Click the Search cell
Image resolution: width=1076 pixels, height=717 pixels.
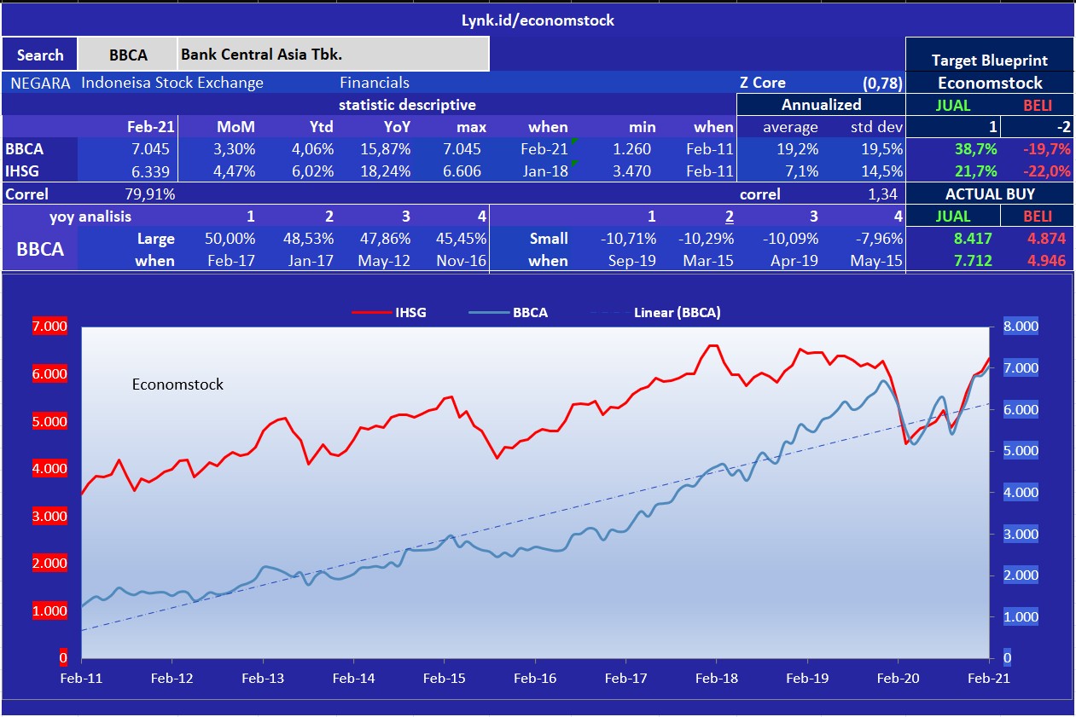tap(39, 55)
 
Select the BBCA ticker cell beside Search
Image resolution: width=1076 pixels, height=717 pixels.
tap(128, 55)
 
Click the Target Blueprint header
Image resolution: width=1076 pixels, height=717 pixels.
tap(990, 61)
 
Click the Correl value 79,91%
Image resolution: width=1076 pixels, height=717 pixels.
tap(150, 194)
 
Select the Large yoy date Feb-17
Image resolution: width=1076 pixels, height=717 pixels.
tap(231, 260)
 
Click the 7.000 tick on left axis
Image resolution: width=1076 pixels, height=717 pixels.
tap(49, 327)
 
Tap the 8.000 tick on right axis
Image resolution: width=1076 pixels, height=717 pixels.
tap(1020, 327)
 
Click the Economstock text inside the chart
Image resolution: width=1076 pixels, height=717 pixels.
tap(177, 385)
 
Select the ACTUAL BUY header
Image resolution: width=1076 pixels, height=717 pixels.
tap(990, 194)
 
